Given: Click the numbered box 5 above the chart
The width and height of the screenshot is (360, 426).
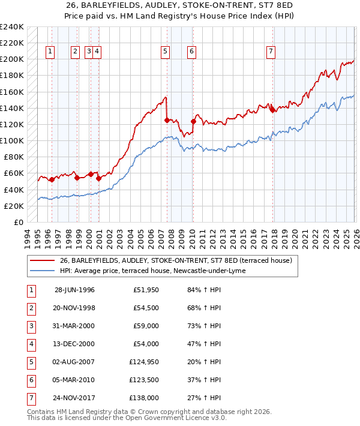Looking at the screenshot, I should [164, 52].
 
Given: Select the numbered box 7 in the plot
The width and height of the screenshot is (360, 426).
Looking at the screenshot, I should [271, 52].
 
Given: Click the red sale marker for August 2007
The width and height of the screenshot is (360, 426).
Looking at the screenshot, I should [166, 120].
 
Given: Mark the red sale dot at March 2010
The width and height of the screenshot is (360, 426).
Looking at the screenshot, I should [193, 121].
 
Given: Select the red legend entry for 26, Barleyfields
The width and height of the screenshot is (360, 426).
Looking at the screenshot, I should [175, 260].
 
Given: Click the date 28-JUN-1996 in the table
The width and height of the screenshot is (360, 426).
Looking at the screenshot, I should [75, 290].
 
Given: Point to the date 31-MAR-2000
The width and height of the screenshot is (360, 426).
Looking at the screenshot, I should [75, 326].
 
